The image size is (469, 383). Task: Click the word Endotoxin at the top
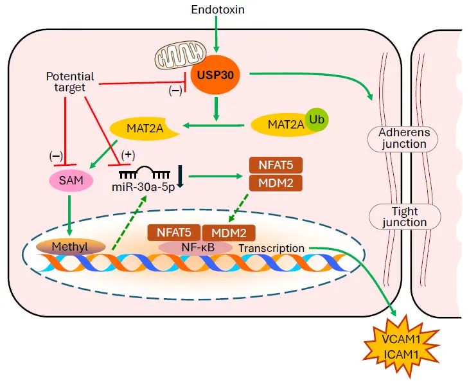click(218, 10)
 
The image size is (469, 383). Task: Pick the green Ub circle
click(315, 119)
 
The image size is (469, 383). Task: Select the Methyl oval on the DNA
click(71, 247)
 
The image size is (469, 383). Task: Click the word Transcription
click(272, 248)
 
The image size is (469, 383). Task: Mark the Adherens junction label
click(403, 138)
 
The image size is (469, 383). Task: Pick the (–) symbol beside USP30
click(175, 91)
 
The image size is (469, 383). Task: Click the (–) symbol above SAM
click(57, 155)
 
